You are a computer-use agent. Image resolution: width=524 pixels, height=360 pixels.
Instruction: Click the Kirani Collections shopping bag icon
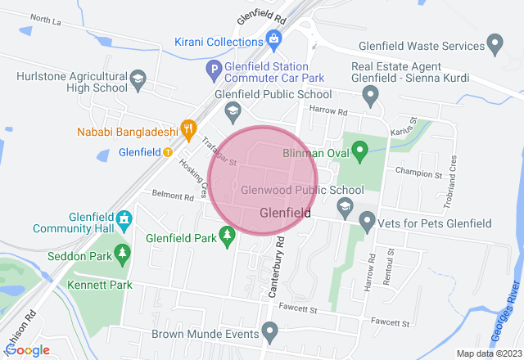coord(274,38)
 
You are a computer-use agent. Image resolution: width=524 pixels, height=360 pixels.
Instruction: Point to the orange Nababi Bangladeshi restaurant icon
coord(189,128)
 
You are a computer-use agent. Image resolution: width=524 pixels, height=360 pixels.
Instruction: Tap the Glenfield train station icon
coord(167,151)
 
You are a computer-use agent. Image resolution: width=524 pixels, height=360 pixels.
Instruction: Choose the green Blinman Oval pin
coord(359,150)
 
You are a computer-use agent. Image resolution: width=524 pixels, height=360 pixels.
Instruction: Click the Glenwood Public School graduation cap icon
coord(345,205)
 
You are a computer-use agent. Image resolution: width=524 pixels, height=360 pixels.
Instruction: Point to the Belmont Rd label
coord(172,196)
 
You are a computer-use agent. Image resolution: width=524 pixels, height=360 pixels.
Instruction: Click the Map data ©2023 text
coord(488,353)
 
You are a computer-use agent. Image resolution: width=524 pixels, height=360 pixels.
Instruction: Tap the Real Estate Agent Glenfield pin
coord(373,97)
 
